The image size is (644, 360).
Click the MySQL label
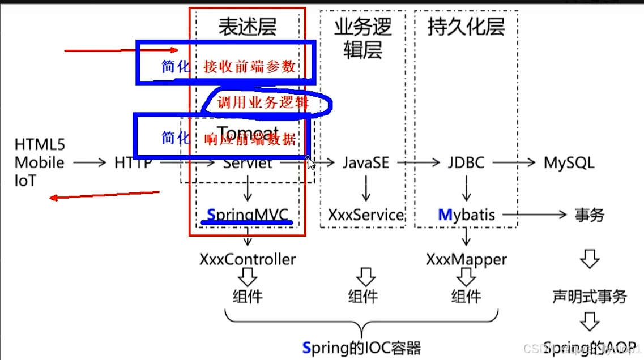[569, 163]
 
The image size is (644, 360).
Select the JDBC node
[466, 163]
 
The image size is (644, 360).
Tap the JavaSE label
[365, 163]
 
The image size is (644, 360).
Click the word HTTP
[133, 163]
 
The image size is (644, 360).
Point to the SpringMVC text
[248, 215]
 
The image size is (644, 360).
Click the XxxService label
[366, 215]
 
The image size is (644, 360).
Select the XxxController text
[248, 259]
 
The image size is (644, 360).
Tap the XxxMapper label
[466, 259]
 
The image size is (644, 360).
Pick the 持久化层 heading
[466, 27]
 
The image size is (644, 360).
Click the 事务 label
[589, 215]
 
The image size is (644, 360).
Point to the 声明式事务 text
[589, 297]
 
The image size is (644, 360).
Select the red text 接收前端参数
[250, 67]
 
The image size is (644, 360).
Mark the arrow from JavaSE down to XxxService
[366, 188]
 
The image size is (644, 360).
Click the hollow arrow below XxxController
[248, 277]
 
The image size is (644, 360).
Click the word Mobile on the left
[39, 163]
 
